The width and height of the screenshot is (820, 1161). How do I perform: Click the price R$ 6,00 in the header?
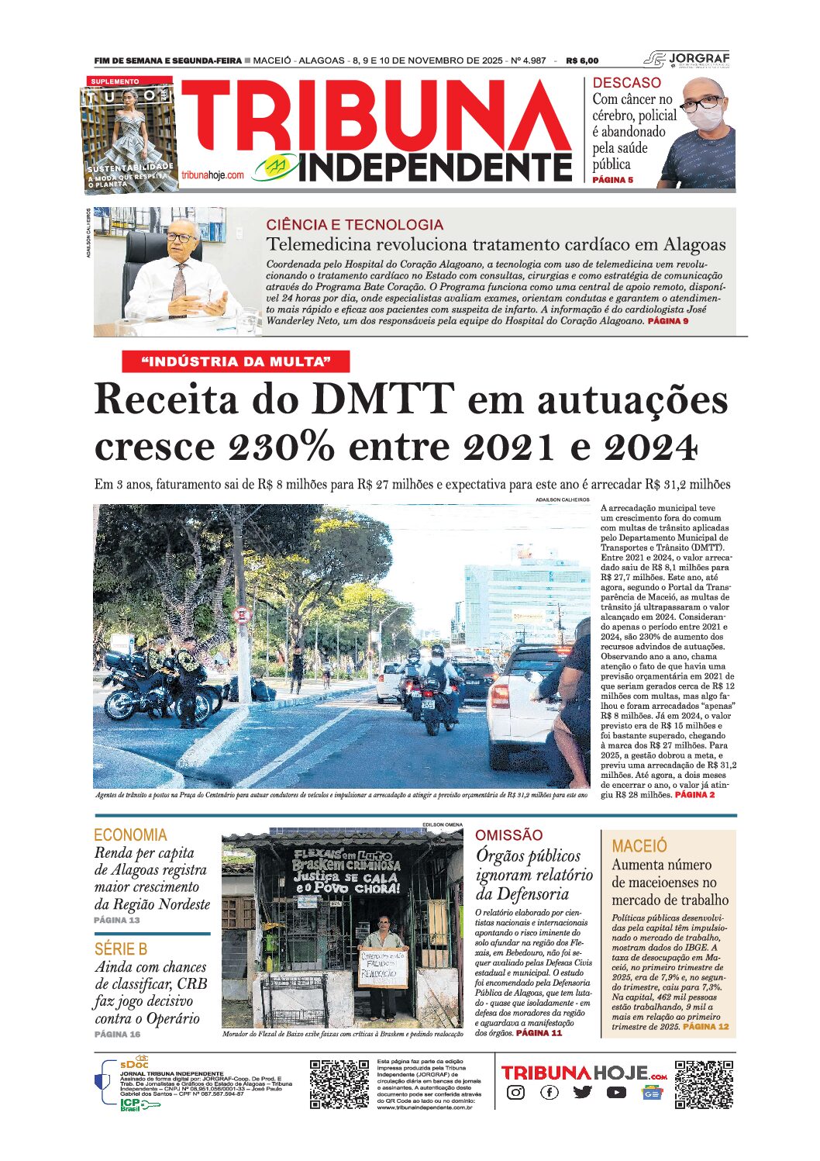tap(582, 60)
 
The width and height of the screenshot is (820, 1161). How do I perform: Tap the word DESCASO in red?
tap(626, 83)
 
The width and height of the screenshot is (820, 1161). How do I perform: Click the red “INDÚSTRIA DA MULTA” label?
tap(236, 361)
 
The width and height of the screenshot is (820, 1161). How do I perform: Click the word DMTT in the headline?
tap(381, 400)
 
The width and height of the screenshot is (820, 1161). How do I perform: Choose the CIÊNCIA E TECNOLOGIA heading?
tap(354, 225)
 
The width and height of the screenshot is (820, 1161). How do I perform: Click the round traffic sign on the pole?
tap(243, 616)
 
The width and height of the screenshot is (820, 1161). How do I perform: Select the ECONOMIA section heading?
tap(130, 835)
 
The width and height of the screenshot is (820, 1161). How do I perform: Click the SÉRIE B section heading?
tap(121, 949)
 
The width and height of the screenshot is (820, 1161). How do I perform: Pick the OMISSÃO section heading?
tap(508, 835)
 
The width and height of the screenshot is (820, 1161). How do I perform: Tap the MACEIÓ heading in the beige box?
tap(639, 846)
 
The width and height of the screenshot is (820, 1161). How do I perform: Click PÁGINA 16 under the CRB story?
tap(117, 1034)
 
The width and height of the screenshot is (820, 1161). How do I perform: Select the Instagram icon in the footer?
tap(515, 1093)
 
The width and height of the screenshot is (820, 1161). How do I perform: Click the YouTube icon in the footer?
tap(617, 1093)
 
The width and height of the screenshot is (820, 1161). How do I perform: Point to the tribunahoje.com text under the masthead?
tap(213, 175)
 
